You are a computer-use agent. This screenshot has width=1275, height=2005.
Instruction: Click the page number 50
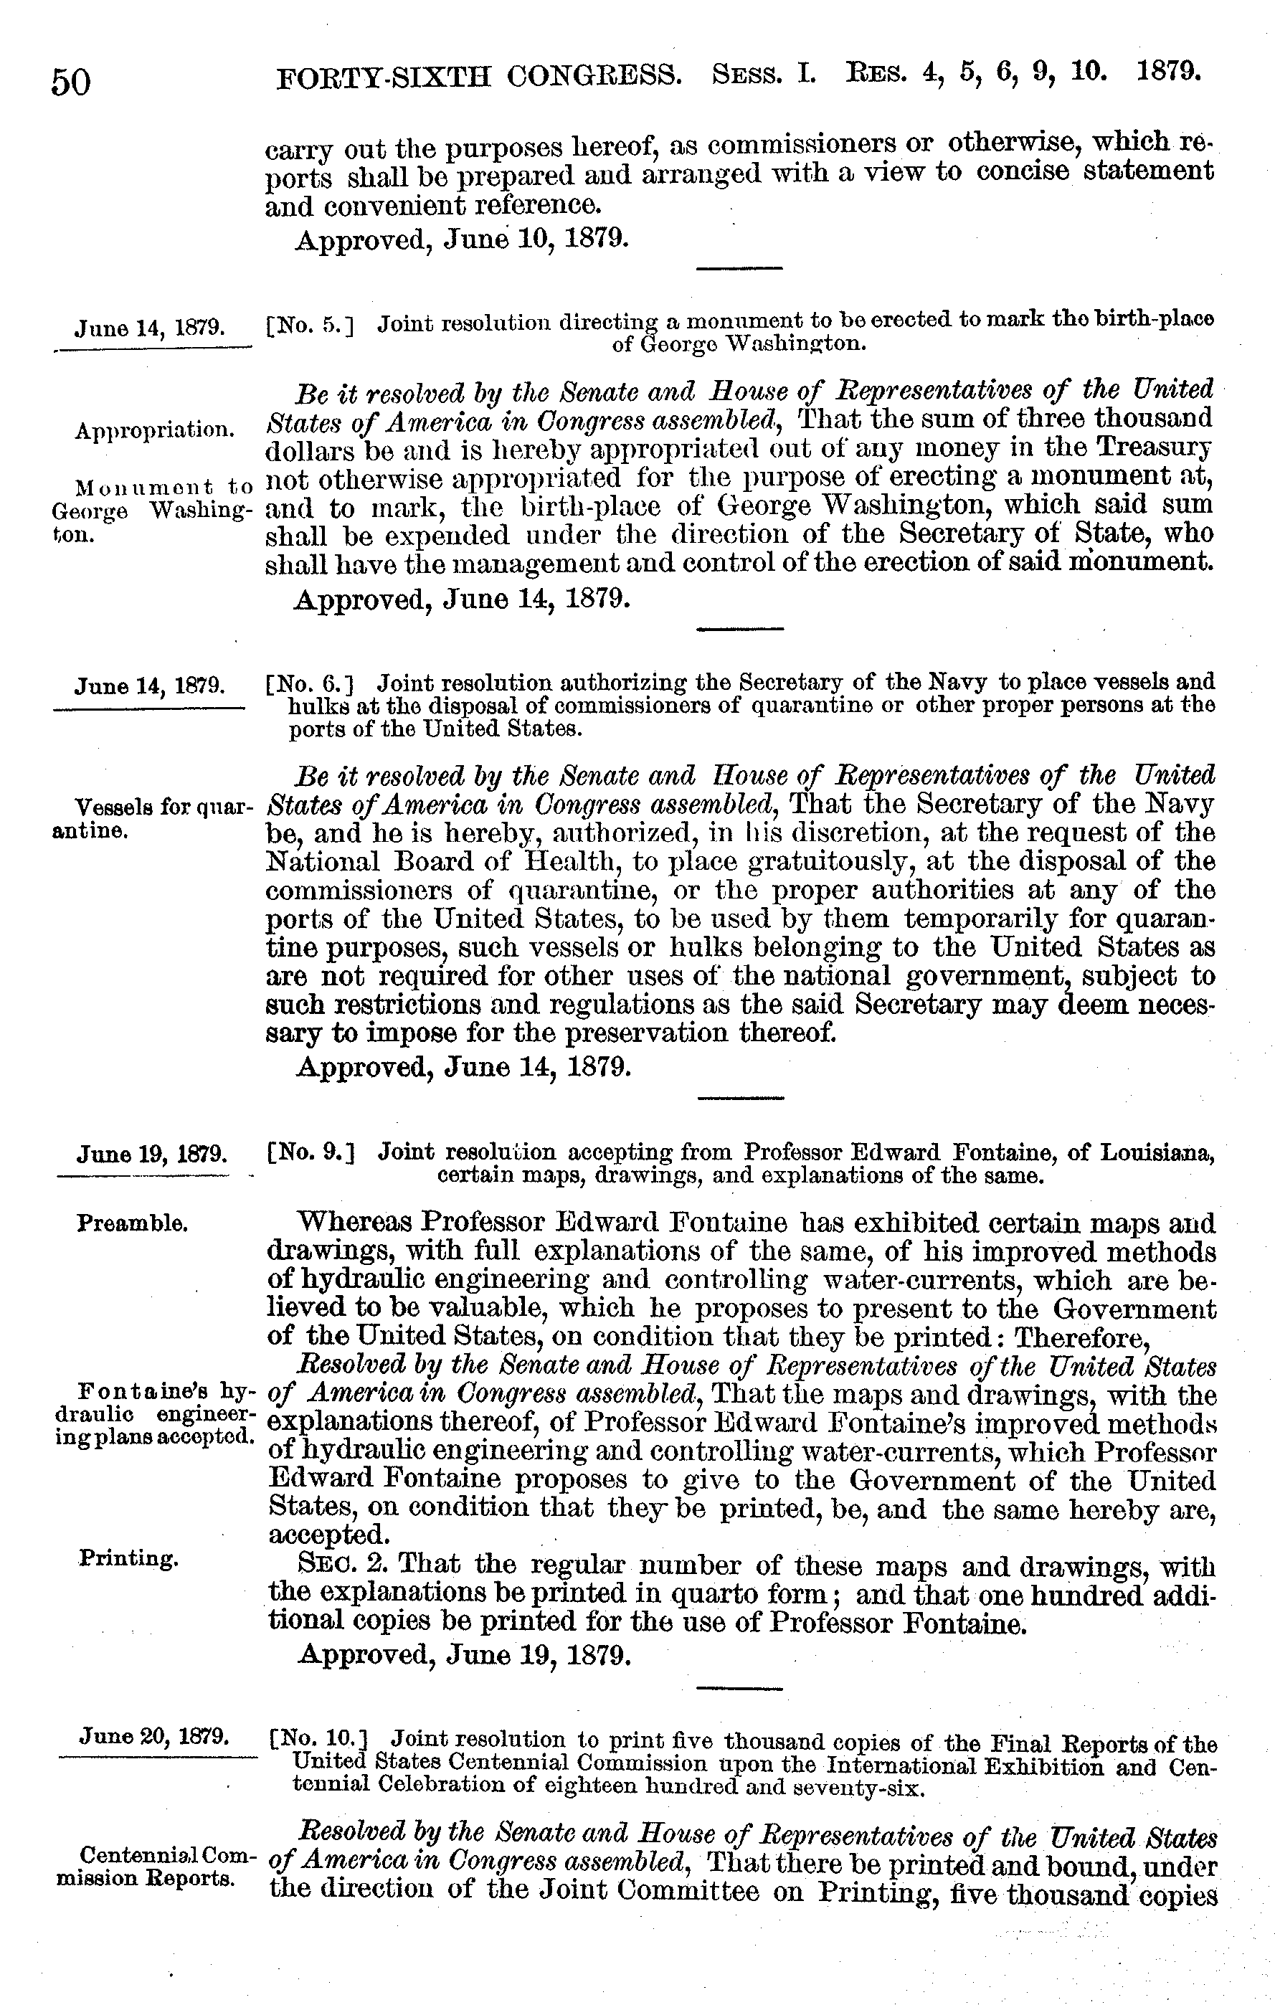71,82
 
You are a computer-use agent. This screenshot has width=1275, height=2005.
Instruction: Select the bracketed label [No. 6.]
310,684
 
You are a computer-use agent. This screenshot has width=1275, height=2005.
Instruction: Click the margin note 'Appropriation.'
154,430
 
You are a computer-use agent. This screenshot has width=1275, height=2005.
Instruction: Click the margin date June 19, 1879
151,1154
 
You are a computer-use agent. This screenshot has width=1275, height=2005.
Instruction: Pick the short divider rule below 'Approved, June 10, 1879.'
739,268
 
